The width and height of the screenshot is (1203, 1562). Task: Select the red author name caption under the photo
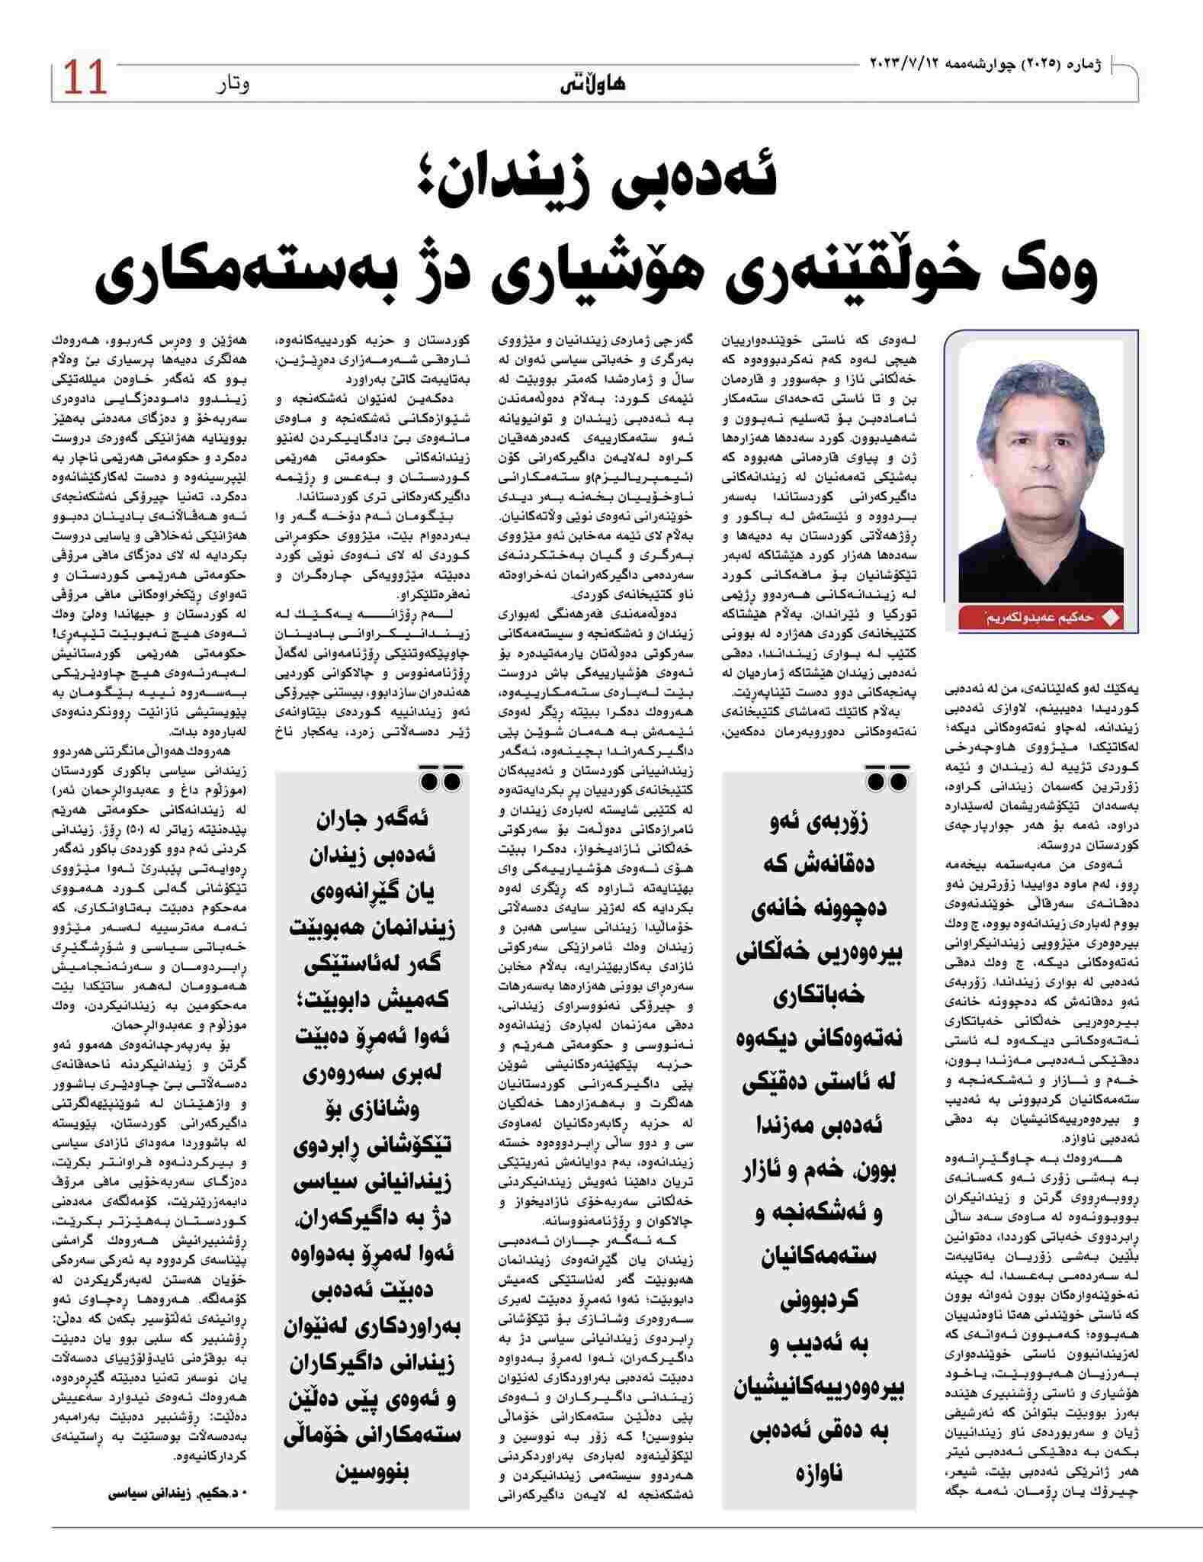pos(1041,618)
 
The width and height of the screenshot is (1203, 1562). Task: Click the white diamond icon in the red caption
pos(1112,619)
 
